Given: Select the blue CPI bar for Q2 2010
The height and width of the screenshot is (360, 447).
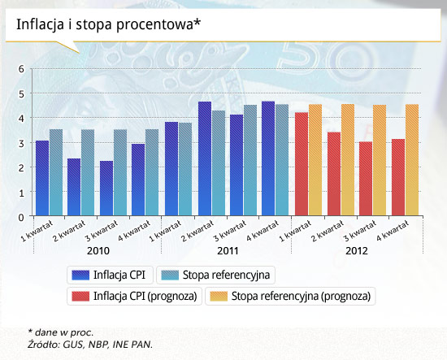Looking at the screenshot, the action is coord(74,187).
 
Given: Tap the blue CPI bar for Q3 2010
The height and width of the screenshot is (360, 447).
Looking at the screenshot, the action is coord(106,188).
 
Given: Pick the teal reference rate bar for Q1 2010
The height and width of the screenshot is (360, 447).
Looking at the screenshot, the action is coord(56,172).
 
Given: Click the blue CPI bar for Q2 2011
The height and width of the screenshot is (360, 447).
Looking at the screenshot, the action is coord(205,158).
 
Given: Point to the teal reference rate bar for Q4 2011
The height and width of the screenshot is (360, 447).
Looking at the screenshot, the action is coord(282,160).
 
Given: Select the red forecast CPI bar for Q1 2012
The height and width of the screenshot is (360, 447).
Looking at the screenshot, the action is coord(302,164).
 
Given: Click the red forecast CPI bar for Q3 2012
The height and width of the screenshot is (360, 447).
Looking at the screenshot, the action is coord(366,179).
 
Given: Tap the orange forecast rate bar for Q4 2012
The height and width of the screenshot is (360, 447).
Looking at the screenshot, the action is coord(412,160).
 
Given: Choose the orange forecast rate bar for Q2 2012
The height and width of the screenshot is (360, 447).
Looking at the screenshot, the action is coord(348,160).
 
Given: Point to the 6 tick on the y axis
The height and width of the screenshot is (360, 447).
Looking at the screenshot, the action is coord(21,69).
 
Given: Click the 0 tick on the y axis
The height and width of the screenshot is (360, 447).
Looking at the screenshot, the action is coord(21,218).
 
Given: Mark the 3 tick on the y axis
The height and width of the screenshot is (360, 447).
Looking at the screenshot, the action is coord(21,143).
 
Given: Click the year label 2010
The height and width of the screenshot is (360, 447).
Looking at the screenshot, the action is coord(98,251).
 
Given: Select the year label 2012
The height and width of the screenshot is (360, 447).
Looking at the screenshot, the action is coord(357,251).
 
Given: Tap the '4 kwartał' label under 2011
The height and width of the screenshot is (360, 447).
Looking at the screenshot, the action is coord(263,232).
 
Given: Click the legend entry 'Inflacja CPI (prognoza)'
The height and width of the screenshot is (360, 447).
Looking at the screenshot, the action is coord(134,296).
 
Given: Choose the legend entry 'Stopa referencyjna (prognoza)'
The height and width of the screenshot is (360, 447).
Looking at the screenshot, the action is coord(290,296).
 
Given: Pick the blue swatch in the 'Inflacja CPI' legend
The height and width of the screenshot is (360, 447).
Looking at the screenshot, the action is coord(80,275).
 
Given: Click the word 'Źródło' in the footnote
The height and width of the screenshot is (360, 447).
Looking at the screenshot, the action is coord(44,345).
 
